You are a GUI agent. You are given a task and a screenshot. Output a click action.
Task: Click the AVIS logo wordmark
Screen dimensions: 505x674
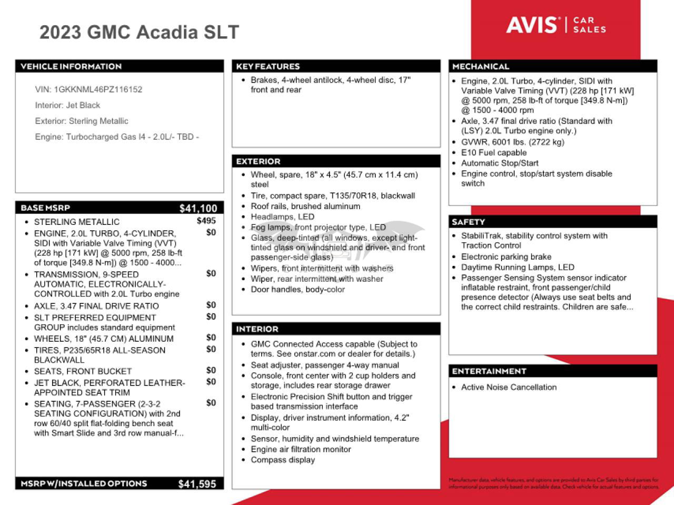click(532, 25)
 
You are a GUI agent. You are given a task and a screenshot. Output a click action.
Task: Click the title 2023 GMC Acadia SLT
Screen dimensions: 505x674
click(139, 33)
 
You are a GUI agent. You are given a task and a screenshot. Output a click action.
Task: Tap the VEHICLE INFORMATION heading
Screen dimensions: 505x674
click(71, 66)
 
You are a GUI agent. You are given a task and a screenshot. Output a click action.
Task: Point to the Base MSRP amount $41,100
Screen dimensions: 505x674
click(198, 209)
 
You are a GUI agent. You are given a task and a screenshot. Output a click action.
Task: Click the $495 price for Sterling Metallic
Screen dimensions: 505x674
click(206, 221)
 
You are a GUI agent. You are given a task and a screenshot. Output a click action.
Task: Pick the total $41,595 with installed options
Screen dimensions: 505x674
click(197, 484)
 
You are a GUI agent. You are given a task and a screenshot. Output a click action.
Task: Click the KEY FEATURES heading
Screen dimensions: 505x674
click(268, 66)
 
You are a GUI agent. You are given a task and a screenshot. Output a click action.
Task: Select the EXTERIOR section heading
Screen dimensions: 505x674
click(258, 162)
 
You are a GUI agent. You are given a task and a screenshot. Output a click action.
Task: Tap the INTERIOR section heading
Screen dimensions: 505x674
click(257, 329)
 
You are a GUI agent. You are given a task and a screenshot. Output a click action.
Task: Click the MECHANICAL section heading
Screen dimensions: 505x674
click(481, 66)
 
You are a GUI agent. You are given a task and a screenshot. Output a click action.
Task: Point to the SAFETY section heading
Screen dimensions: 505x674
click(468, 222)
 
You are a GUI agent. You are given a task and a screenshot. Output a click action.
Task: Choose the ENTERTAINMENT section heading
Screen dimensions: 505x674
click(489, 371)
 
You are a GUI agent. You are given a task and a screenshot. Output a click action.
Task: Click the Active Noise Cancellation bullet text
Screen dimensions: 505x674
click(509, 387)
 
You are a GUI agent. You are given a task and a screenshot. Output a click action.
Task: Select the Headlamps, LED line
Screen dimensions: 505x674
click(282, 217)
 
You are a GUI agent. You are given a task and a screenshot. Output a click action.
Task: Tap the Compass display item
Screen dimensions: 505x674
click(283, 460)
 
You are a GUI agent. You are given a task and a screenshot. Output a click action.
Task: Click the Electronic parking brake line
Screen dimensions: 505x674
click(506, 257)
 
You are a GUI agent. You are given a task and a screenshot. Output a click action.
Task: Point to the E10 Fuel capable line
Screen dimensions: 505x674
click(494, 153)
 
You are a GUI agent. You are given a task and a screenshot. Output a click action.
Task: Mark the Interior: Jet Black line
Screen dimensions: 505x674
click(67, 105)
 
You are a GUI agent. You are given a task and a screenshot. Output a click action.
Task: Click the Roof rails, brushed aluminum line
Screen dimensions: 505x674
click(305, 206)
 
